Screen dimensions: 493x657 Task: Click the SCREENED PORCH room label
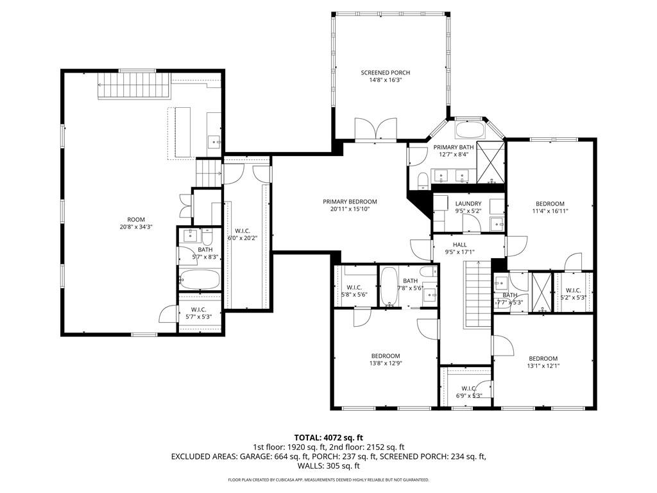click(385, 73)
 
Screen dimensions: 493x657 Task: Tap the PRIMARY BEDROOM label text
click(350, 202)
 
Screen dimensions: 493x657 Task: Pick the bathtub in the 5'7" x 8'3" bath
click(200, 279)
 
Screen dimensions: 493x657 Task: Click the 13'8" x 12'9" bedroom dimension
click(385, 364)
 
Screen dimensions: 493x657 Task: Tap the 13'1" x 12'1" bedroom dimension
click(543, 367)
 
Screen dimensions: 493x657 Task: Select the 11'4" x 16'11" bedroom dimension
click(550, 211)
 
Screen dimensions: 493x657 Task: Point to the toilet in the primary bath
click(422, 180)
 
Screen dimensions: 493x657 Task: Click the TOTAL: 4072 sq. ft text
click(328, 438)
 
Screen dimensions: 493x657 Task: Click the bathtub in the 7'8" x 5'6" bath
click(389, 288)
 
